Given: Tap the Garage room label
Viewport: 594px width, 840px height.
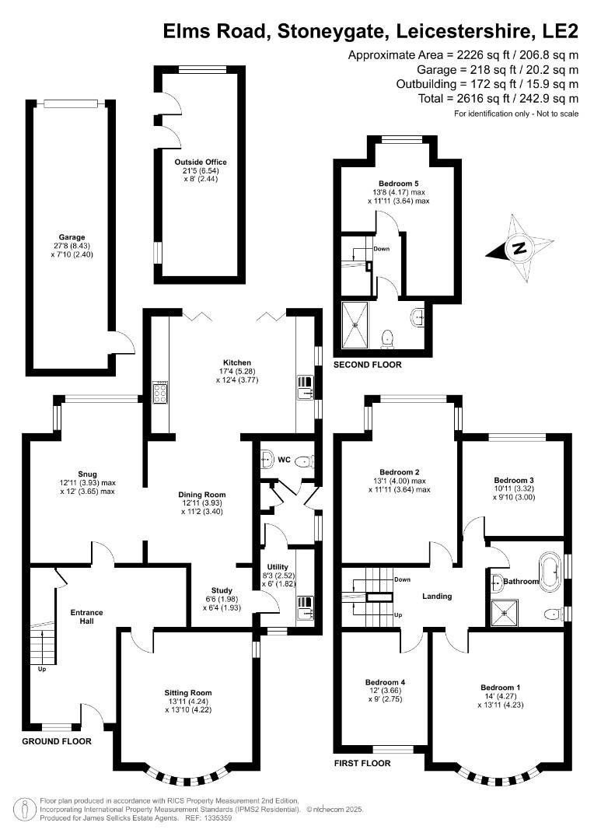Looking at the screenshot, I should click(72, 237).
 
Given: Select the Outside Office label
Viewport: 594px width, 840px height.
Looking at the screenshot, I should click(201, 163).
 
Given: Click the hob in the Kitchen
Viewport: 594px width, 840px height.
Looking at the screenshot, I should click(161, 394).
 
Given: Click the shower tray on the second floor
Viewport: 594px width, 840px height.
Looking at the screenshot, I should click(357, 324).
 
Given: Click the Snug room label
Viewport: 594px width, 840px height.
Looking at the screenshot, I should click(87, 473).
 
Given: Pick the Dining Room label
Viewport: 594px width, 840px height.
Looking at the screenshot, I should click(202, 494).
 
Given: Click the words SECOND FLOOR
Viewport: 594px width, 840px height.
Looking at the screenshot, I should click(368, 365).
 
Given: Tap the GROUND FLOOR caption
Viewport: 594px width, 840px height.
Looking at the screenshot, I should click(56, 741).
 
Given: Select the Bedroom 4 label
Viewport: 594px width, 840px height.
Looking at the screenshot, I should click(386, 682).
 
